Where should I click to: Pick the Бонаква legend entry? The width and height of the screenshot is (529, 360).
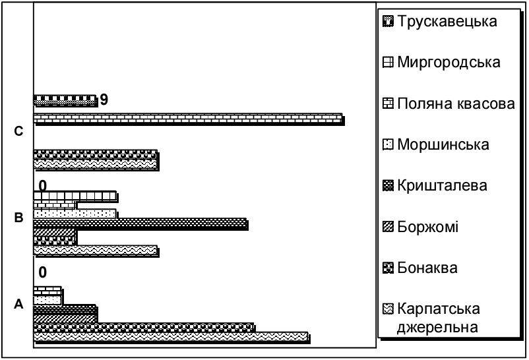pyautogui.click(x=429, y=268)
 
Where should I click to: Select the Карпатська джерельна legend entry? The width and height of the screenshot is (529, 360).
pyautogui.click(x=439, y=317)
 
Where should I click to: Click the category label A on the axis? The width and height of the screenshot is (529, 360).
pyautogui.click(x=18, y=304)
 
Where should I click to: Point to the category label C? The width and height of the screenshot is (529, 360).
pyautogui.click(x=18, y=132)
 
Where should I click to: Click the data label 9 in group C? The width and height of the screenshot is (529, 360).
pyautogui.click(x=104, y=100)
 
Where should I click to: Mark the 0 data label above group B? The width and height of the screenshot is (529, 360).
pyautogui.click(x=43, y=185)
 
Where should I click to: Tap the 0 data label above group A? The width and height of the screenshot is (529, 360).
pyautogui.click(x=43, y=272)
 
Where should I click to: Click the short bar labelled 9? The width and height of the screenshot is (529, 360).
pyautogui.click(x=65, y=100)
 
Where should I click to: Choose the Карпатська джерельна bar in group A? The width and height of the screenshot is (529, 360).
pyautogui.click(x=170, y=337)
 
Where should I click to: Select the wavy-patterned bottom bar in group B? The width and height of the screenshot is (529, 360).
pyautogui.click(x=95, y=251)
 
